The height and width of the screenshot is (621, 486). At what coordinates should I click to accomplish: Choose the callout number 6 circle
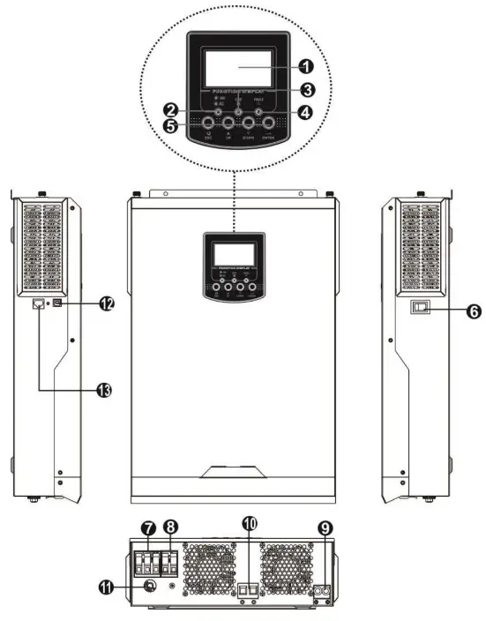[x=447, y=312]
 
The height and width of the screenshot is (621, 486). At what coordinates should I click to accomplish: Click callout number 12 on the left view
[x=106, y=303]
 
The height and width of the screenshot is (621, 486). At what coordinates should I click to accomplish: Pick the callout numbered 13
[x=106, y=387]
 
